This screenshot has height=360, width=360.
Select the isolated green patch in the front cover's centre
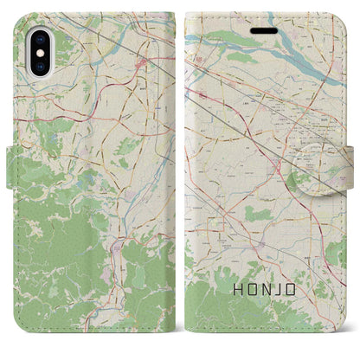(x=254, y=212)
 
